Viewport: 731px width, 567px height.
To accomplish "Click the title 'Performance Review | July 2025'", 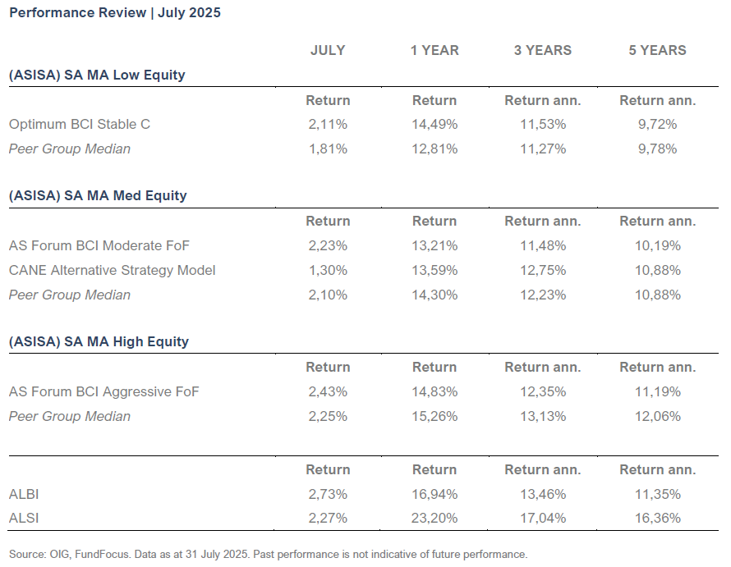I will (x=114, y=13).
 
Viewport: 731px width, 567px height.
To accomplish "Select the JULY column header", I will (x=328, y=50).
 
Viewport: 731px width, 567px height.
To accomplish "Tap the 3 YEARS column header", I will (x=542, y=50).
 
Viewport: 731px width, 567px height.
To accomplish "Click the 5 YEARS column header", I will (x=657, y=50).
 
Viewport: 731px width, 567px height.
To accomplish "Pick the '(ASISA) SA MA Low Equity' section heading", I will (x=97, y=75).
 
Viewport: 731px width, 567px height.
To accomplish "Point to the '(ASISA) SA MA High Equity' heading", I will (x=99, y=341).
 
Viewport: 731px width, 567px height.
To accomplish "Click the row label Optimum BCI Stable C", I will (x=80, y=125).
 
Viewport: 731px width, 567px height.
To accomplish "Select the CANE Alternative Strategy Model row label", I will (x=112, y=270).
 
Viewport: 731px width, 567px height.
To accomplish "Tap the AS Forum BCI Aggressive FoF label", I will (x=103, y=391).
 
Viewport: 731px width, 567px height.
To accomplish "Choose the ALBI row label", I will (x=24, y=494).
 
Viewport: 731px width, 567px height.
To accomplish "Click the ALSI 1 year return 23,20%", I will (x=434, y=519).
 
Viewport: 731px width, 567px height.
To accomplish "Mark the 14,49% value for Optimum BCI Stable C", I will (x=434, y=125).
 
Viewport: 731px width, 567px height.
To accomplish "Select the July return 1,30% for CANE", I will (x=328, y=270).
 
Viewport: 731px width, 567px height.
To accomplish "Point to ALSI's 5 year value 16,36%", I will (x=657, y=519).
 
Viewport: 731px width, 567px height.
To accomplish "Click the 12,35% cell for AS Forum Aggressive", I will (x=542, y=391).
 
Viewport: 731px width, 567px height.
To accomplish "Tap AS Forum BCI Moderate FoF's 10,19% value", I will (x=657, y=245).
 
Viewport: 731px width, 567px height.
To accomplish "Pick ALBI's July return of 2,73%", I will (x=328, y=494).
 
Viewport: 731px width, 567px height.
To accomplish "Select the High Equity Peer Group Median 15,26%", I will (x=434, y=416).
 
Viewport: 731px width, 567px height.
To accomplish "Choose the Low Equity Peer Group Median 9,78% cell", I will (x=657, y=149).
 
